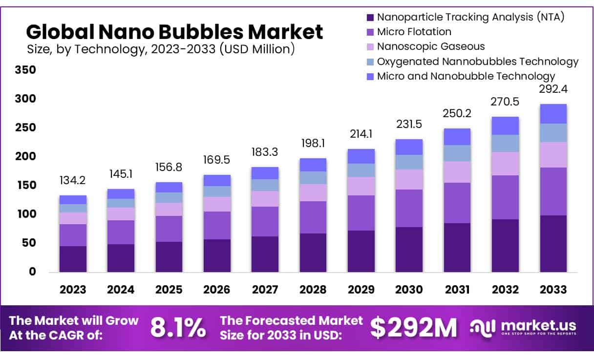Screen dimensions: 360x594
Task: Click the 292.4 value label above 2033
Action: click(x=553, y=89)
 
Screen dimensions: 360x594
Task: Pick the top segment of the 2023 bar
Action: click(x=73, y=200)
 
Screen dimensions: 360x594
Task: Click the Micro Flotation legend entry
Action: click(x=414, y=32)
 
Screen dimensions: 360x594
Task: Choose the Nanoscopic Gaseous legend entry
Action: click(x=431, y=46)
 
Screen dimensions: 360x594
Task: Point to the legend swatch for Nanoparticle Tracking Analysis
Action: click(x=370, y=18)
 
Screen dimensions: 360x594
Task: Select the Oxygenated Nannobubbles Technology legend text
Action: click(x=478, y=62)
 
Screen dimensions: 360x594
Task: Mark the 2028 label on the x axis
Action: click(x=313, y=289)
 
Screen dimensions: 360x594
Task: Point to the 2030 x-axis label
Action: click(x=409, y=289)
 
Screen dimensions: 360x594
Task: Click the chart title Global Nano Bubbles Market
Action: click(x=174, y=32)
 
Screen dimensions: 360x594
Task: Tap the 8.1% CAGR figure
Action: click(x=178, y=328)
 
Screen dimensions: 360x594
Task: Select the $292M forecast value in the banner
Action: click(x=413, y=328)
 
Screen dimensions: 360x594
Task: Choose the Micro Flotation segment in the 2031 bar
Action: click(x=457, y=203)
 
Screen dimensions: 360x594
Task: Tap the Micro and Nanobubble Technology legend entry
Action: click(x=466, y=76)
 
